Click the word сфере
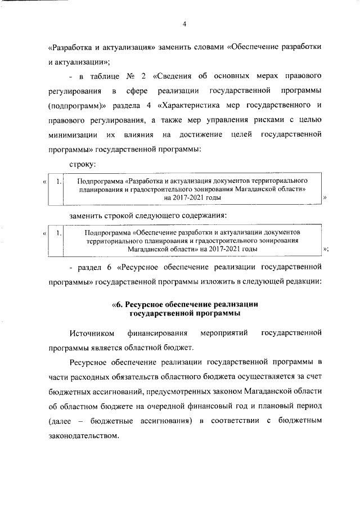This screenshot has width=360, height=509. pos(137,91)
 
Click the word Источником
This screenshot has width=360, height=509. pos(92,334)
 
